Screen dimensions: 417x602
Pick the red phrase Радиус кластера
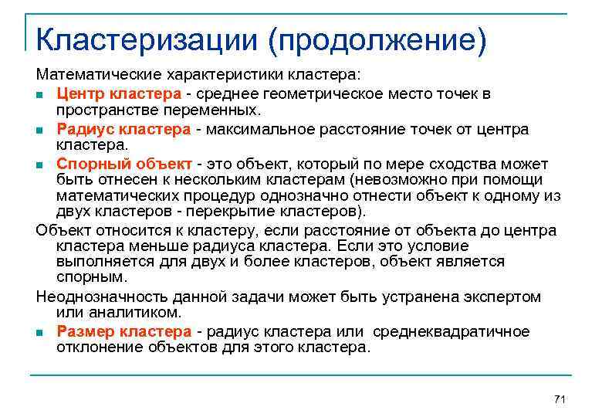(x=123, y=129)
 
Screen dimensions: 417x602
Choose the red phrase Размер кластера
(x=123, y=331)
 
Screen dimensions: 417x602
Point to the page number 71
(x=560, y=398)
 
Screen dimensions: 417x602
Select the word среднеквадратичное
(x=451, y=331)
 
